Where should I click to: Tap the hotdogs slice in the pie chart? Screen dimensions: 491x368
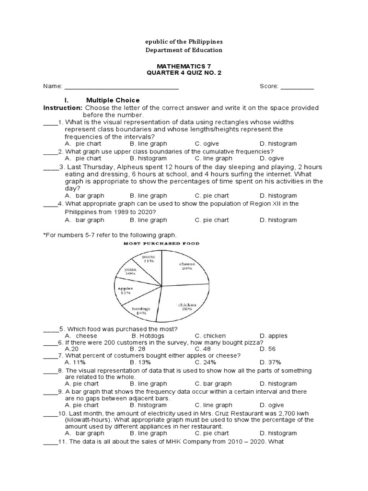(142, 309)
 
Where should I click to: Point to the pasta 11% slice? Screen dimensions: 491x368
(148, 260)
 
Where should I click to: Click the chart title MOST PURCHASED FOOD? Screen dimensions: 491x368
(162, 244)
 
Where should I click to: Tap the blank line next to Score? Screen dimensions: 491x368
(297, 87)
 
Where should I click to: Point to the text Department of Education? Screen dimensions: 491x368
(184, 50)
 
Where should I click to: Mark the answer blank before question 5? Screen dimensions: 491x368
(51, 329)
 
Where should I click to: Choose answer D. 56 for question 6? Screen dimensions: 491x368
(267, 349)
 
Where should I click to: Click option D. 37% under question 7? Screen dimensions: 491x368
(270, 362)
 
